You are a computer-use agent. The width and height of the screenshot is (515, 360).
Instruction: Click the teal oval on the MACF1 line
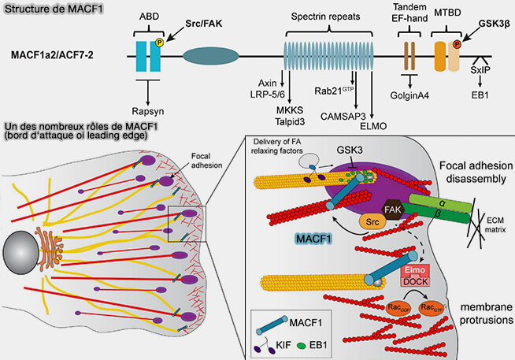pyautogui.click(x=210, y=58)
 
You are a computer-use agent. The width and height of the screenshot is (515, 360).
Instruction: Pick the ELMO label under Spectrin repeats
pyautogui.click(x=372, y=124)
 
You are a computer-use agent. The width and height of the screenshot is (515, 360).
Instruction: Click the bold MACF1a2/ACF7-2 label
pyautogui.click(x=55, y=57)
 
